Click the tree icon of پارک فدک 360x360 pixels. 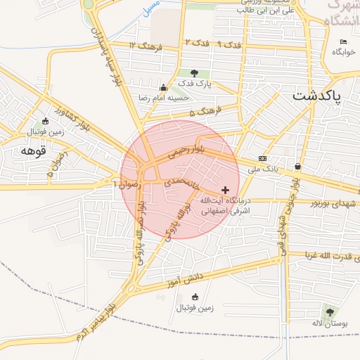pyautogui.click(x=194, y=73)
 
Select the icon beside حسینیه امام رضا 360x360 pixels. pyautogui.click(x=163, y=88)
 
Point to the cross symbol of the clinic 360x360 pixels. pyautogui.click(x=225, y=190)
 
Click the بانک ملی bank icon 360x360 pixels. pyautogui.click(x=262, y=158)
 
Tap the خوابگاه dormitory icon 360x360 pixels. pyautogui.click(x=343, y=42)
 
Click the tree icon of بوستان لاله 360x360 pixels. pyautogui.click(x=329, y=311)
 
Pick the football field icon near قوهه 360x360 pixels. pyautogui.click(x=46, y=120)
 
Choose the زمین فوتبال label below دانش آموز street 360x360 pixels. pyautogui.click(x=195, y=308)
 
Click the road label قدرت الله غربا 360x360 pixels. pyautogui.click(x=330, y=255)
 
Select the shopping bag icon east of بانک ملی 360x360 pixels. pyautogui.click(x=298, y=167)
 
